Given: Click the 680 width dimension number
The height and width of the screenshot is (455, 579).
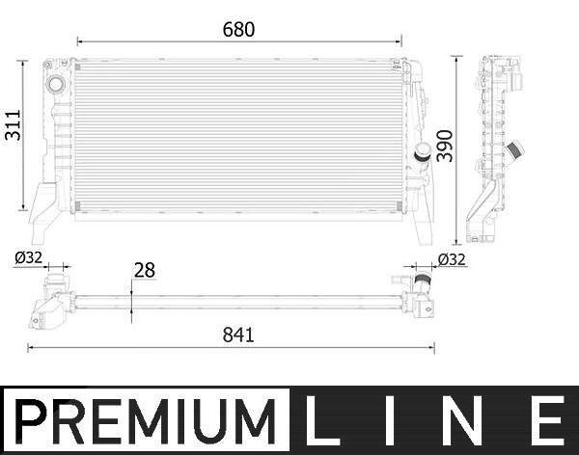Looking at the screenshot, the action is click(x=238, y=30).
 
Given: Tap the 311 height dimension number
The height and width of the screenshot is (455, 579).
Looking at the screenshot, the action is click(x=14, y=124).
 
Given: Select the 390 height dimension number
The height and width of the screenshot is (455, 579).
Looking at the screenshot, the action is click(x=445, y=146).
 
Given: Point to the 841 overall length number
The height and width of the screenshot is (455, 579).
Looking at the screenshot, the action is click(x=238, y=335).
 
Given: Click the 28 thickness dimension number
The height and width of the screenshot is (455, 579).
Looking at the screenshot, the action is click(x=145, y=270).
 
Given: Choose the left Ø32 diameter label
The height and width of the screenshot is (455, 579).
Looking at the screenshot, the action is click(x=28, y=257).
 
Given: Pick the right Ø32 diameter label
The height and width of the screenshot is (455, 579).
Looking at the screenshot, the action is click(x=452, y=259).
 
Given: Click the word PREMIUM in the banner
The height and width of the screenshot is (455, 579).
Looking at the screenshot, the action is click(x=146, y=421).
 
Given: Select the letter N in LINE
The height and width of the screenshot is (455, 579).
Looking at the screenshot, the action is click(x=467, y=420).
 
